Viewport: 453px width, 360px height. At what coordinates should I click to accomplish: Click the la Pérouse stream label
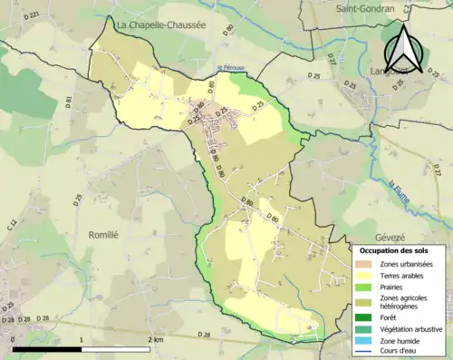point(232,66)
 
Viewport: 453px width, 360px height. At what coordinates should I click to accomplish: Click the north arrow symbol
point(404,50)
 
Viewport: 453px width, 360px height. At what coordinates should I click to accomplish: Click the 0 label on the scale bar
point(14,339)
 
